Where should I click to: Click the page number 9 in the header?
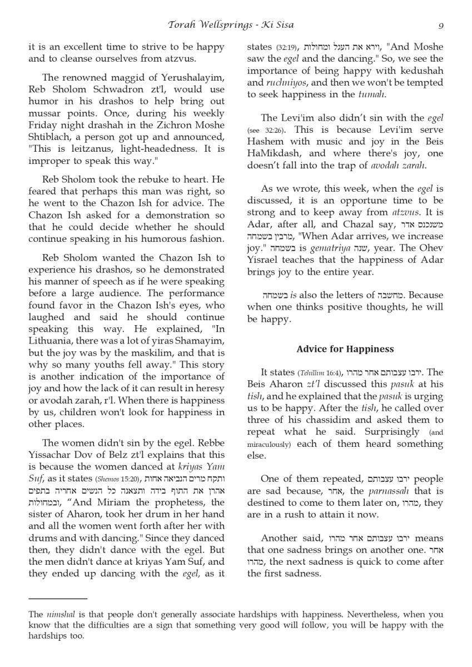click(440, 24)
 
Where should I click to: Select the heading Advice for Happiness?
click(345, 349)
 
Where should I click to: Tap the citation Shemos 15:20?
click(118, 480)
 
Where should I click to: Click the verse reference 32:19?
click(287, 47)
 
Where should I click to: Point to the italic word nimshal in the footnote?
click(57, 615)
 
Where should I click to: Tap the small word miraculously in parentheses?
click(269, 445)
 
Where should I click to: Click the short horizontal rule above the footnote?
click(58, 599)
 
